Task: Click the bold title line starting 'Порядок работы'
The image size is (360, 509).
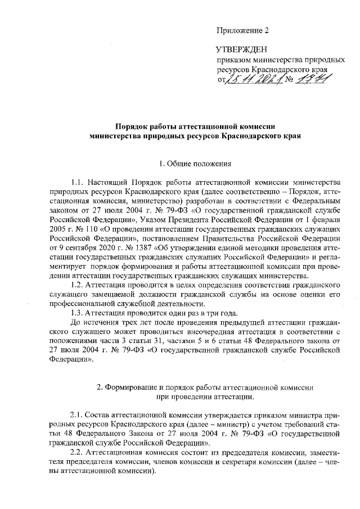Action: [195, 127]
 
